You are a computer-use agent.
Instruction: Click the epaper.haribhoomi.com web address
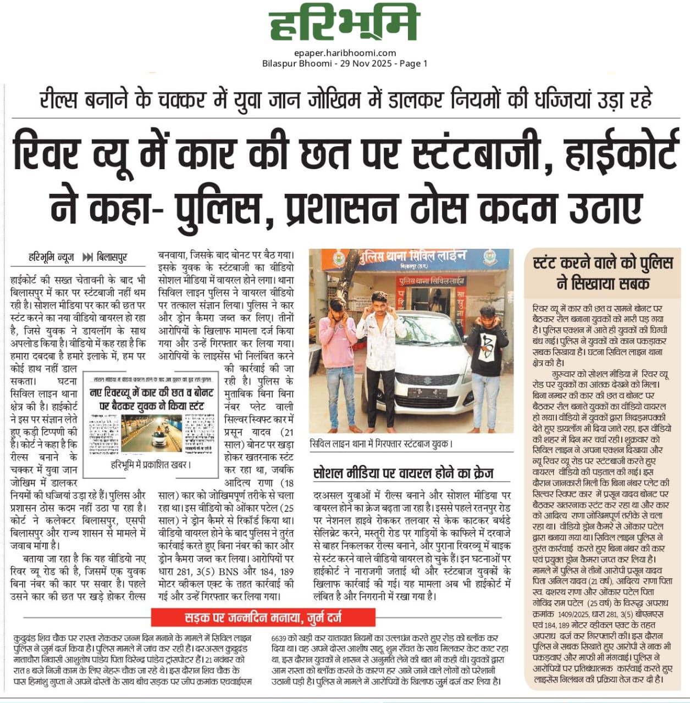point(345,53)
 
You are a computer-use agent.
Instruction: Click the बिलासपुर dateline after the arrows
point(112,257)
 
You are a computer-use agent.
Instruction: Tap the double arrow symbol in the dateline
point(87,257)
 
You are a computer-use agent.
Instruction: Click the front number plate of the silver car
point(427,393)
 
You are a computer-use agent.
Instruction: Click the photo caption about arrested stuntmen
point(381,443)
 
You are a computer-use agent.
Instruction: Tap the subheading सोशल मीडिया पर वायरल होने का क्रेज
point(403,473)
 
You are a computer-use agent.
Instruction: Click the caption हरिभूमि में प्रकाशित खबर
point(151,465)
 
